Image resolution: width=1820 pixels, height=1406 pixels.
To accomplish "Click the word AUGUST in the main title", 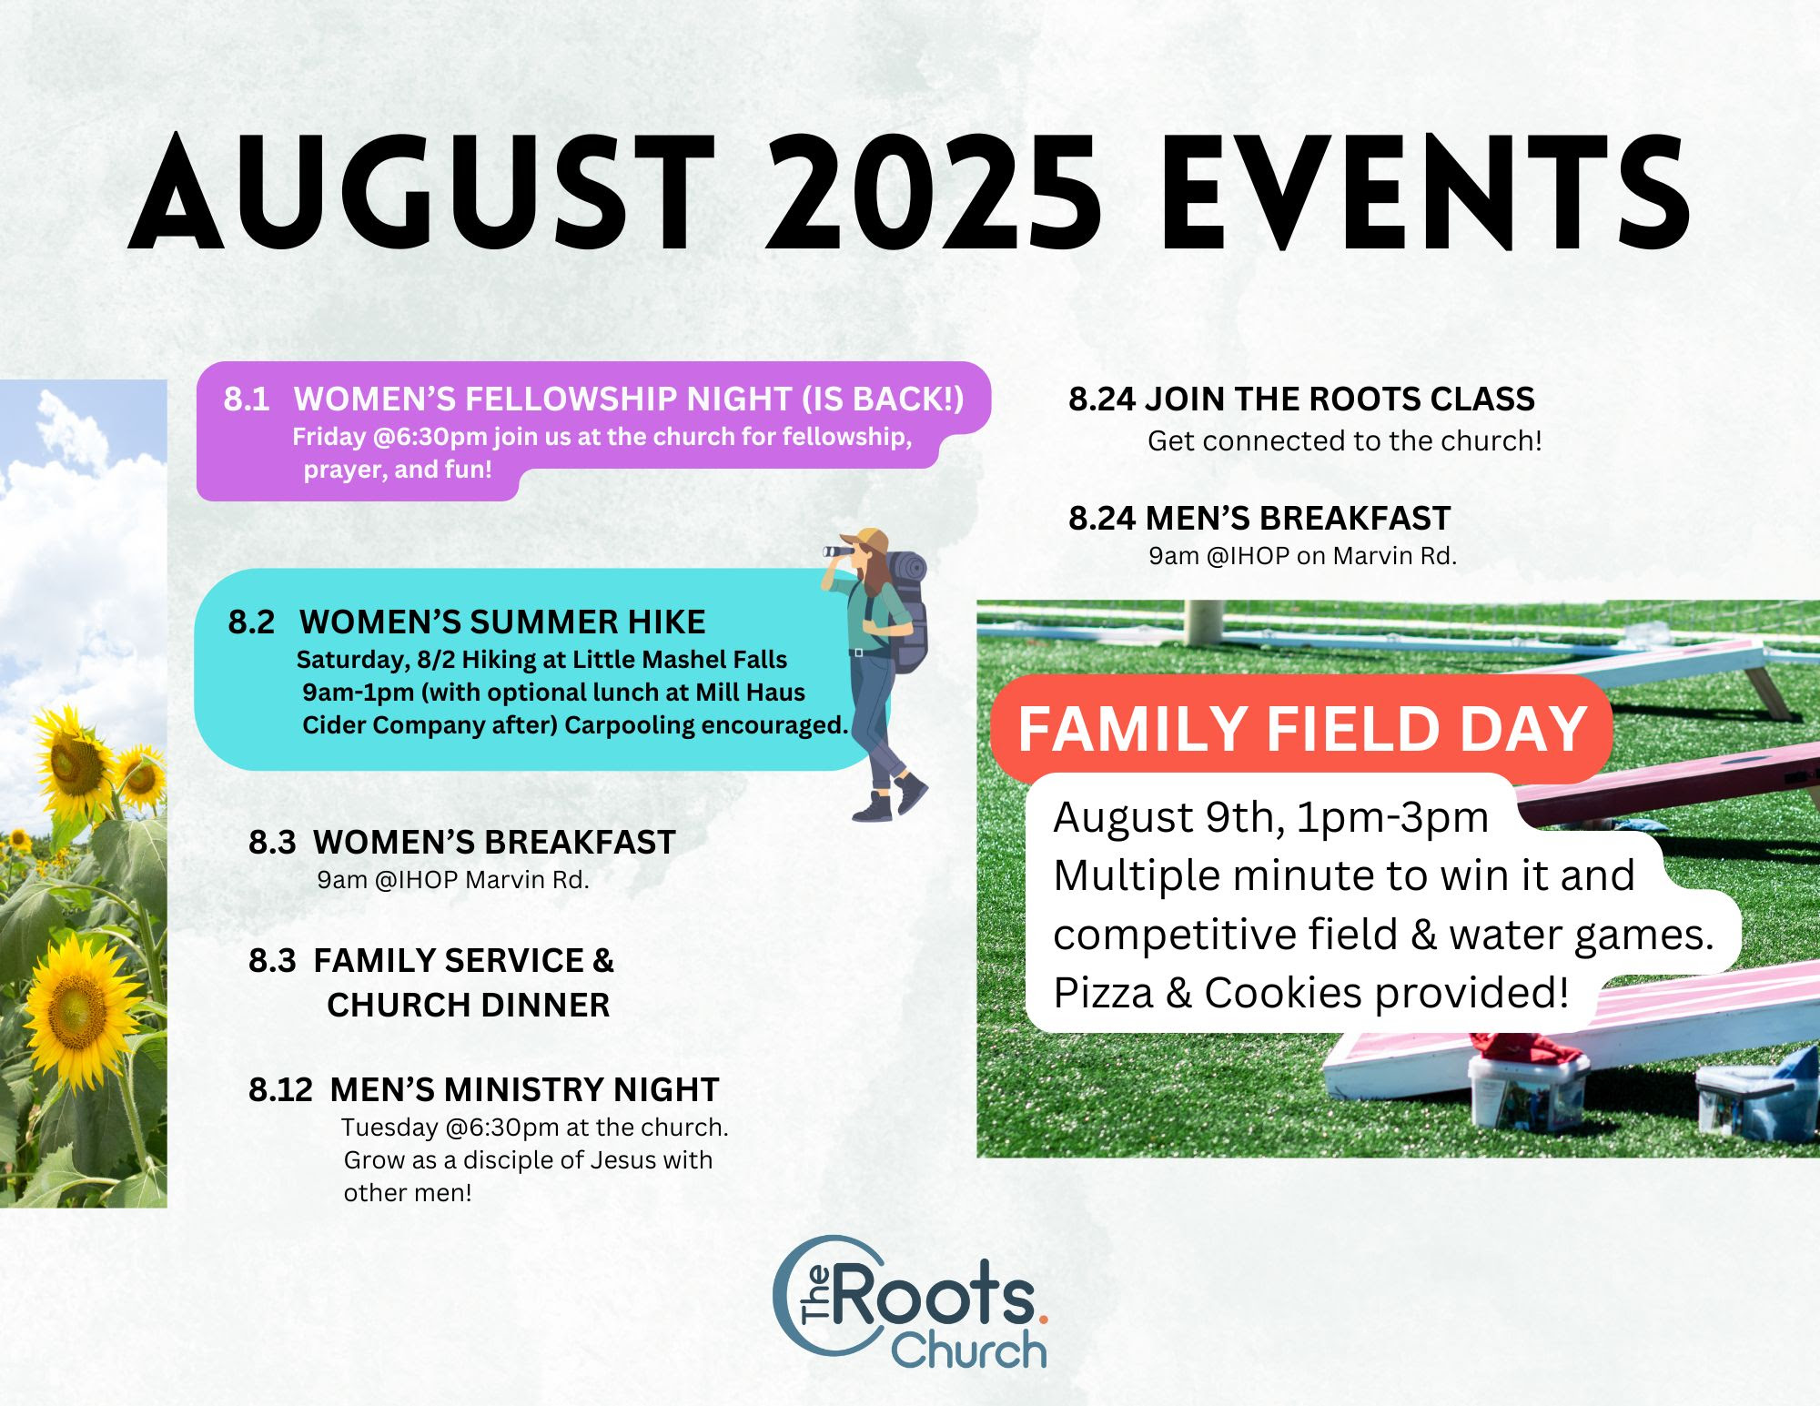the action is [x=421, y=192].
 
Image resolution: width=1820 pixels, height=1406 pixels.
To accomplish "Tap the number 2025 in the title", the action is [x=933, y=192].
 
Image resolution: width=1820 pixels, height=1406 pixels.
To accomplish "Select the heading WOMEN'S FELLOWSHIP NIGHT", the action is [x=544, y=400].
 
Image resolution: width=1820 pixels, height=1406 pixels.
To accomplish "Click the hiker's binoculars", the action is [x=838, y=551].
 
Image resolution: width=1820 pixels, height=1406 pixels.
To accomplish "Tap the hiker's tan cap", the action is [x=866, y=541].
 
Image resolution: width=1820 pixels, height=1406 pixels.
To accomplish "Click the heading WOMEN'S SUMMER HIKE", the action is [x=502, y=622].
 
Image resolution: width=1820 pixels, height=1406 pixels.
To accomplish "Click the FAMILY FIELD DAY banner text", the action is [x=1302, y=729].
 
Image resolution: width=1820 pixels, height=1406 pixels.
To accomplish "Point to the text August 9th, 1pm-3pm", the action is [x=1270, y=817].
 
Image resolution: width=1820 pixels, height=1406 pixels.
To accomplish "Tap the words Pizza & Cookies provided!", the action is [x=1311, y=993].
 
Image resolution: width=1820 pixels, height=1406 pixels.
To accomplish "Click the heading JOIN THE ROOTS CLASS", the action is [x=1340, y=400].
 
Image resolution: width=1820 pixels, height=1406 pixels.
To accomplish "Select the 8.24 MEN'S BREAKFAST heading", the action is [x=1259, y=518].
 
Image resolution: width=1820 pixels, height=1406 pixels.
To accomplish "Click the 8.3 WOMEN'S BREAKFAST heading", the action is [x=462, y=842].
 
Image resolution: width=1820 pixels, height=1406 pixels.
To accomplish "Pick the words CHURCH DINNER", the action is [x=469, y=1005].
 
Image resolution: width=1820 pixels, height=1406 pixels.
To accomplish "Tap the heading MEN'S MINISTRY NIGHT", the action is [x=525, y=1089].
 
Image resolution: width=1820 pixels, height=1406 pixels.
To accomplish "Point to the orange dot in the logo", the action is [x=1043, y=1317].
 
